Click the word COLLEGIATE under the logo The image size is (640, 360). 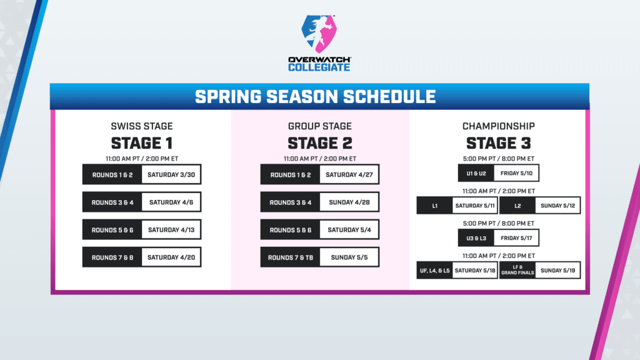(x=319, y=67)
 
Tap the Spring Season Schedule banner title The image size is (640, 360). (x=315, y=97)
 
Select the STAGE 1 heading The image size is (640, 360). (x=141, y=142)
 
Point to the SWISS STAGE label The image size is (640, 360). (x=141, y=126)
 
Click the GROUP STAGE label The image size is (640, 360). (x=319, y=126)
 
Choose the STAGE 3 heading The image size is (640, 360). (x=498, y=142)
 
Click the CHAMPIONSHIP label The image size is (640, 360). (x=498, y=126)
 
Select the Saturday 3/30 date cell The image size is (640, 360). (x=171, y=174)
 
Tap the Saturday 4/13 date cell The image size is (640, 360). (x=171, y=230)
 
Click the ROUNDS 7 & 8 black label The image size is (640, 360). (x=112, y=257)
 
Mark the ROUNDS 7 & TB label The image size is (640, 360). (x=291, y=257)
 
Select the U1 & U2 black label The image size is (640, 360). (x=476, y=172)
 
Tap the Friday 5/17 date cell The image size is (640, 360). (x=516, y=238)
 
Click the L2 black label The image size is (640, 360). (x=517, y=205)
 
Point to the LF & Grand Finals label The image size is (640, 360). (x=517, y=271)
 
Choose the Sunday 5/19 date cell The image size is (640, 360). (x=558, y=271)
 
